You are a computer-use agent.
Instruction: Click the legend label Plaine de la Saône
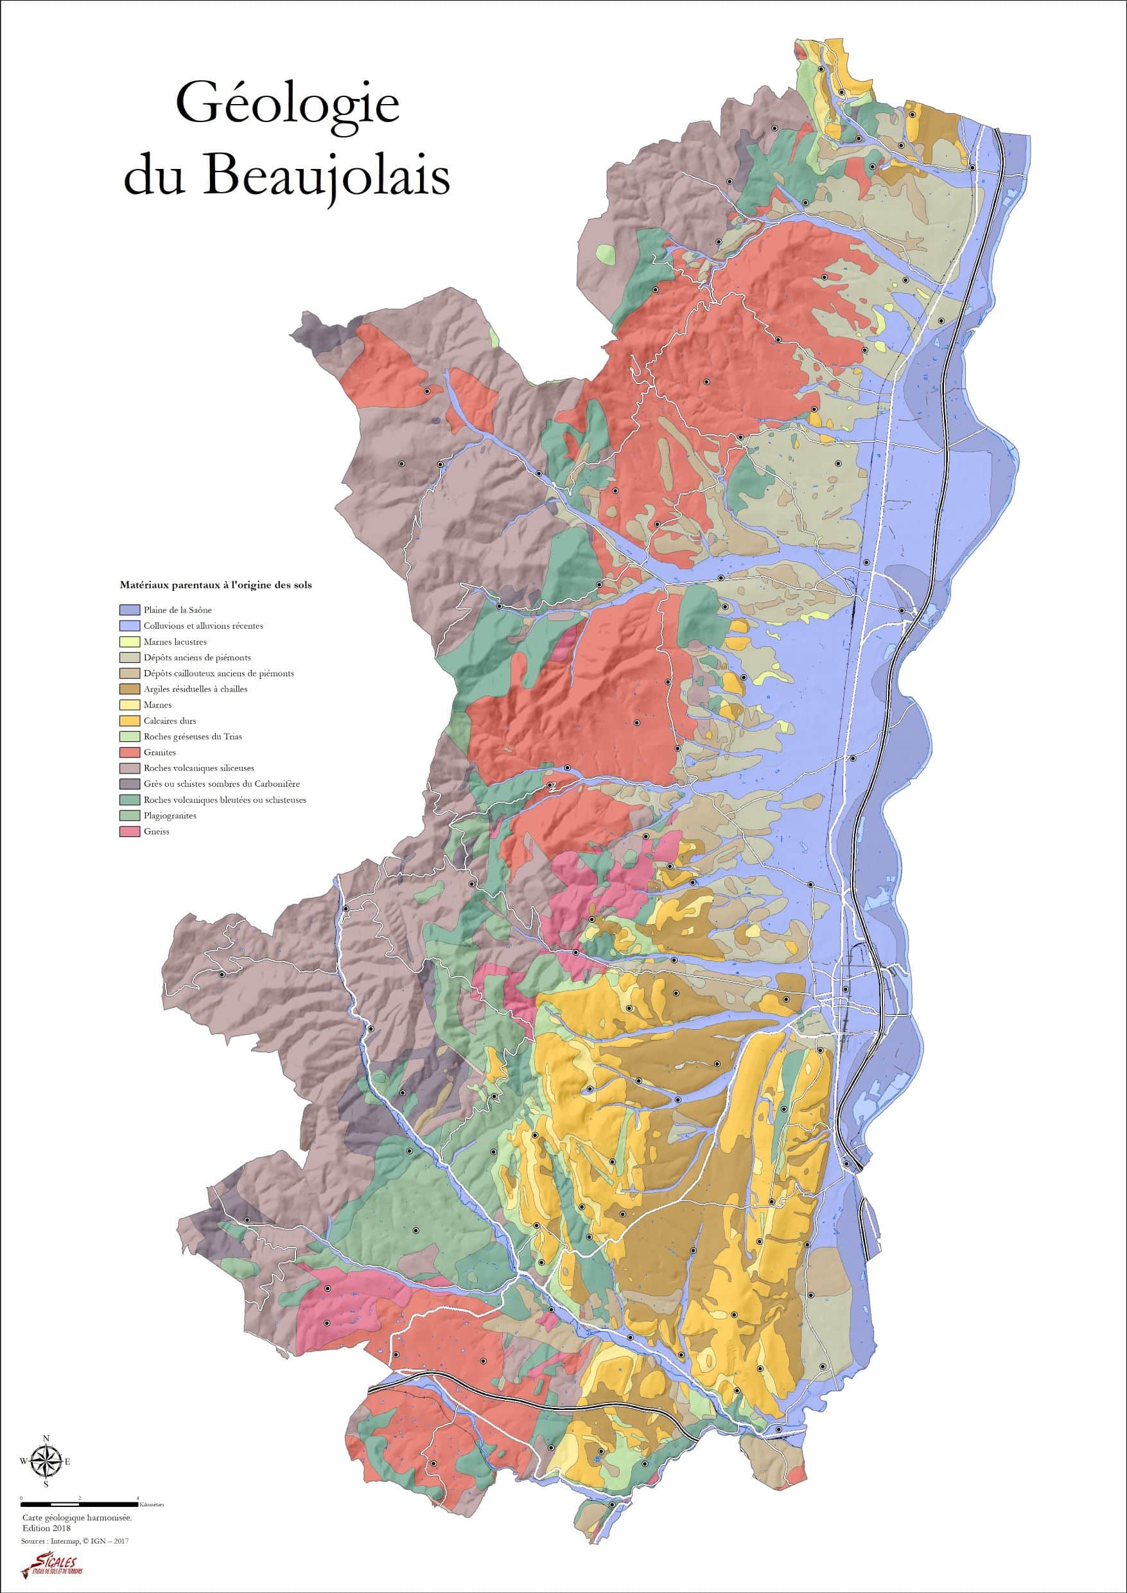click(177, 610)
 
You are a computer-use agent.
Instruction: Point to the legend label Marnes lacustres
click(175, 642)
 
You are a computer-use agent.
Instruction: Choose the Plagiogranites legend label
click(170, 816)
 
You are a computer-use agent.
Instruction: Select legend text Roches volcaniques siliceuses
click(198, 768)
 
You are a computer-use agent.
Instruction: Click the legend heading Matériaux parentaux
click(216, 585)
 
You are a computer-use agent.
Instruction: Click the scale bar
click(80, 1504)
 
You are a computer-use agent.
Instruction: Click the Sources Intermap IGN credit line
click(75, 1540)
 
